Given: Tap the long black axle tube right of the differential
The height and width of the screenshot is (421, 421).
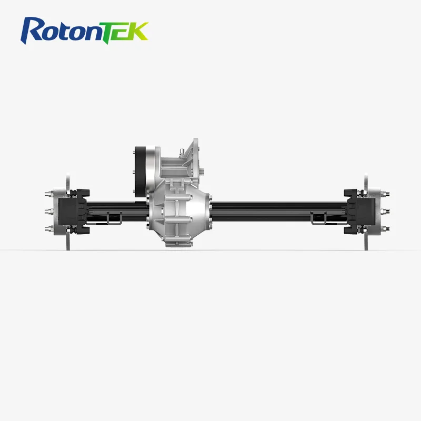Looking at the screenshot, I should pos(274,208).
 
